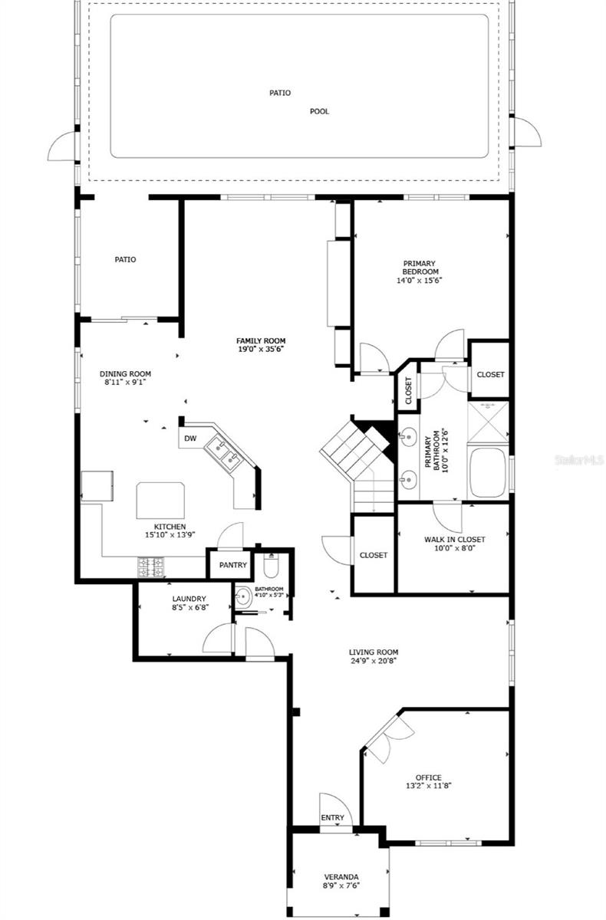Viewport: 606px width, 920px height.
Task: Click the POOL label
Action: pyautogui.click(x=319, y=111)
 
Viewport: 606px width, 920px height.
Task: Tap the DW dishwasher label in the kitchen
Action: pyautogui.click(x=190, y=439)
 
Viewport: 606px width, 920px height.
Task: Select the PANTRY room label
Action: pyautogui.click(x=233, y=565)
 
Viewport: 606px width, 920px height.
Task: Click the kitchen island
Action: pyautogui.click(x=160, y=501)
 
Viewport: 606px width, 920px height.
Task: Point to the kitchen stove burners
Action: pyautogui.click(x=151, y=567)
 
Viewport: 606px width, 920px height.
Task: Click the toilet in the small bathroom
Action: pyautogui.click(x=271, y=564)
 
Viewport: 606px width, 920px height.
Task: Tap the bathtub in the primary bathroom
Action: pyautogui.click(x=488, y=472)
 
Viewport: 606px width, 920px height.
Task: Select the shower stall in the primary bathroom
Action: pyautogui.click(x=488, y=422)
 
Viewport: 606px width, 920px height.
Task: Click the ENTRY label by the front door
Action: pyautogui.click(x=332, y=818)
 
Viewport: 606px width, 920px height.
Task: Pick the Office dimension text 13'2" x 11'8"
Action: pyautogui.click(x=429, y=786)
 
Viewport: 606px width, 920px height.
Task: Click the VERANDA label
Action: pyautogui.click(x=341, y=877)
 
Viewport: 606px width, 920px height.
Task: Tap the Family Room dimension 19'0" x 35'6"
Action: pyautogui.click(x=261, y=349)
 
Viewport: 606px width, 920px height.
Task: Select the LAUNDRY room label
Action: pyautogui.click(x=189, y=599)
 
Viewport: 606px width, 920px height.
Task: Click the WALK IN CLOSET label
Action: pyautogui.click(x=454, y=539)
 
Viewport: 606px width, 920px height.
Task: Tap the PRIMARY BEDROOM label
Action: pyautogui.click(x=420, y=268)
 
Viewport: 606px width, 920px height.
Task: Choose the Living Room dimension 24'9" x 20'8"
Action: pyautogui.click(x=373, y=661)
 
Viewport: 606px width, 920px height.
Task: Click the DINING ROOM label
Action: pyautogui.click(x=125, y=374)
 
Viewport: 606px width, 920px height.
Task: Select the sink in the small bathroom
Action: pyautogui.click(x=244, y=596)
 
